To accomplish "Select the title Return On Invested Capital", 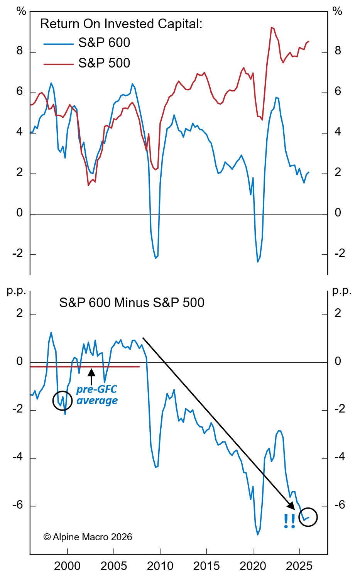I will pyautogui.click(x=121, y=24).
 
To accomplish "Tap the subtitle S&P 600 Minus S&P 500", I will pyautogui.click(x=132, y=303).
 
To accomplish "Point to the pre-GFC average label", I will pyautogui.click(x=97, y=395).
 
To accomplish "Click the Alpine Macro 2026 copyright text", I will pyautogui.click(x=88, y=537).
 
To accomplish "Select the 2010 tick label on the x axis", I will pyautogui.click(x=160, y=566).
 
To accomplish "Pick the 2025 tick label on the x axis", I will pyautogui.click(x=299, y=566).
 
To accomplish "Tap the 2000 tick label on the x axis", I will pyautogui.click(x=67, y=566).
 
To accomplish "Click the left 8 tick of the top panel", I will pyautogui.click(x=19, y=51).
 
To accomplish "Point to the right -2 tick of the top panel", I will pyautogui.click(x=338, y=254).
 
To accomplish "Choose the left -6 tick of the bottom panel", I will pyautogui.click(x=17, y=505).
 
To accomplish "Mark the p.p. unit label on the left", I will pyautogui.click(x=16, y=291).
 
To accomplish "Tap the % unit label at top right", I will pyautogui.click(x=337, y=12).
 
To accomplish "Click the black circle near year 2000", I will pyautogui.click(x=63, y=400).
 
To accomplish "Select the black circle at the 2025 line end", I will pyautogui.click(x=308, y=517).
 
